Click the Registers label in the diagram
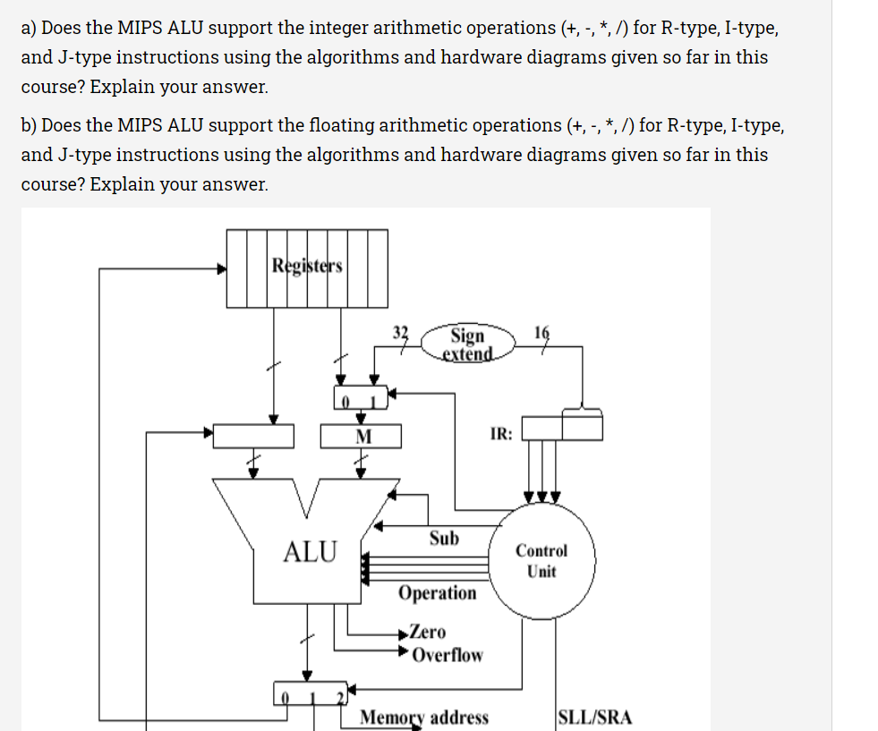coord(307,266)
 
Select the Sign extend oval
coord(468,344)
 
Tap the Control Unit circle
coord(541,561)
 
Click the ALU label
coord(310,552)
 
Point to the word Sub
coord(444,539)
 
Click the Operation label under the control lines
coord(438,593)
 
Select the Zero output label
coord(428,633)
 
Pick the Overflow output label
coord(447,655)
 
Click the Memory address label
coord(424,718)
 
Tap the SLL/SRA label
coord(594,718)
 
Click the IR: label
coord(501,434)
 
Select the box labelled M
coord(362,436)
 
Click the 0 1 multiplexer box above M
coord(362,396)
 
